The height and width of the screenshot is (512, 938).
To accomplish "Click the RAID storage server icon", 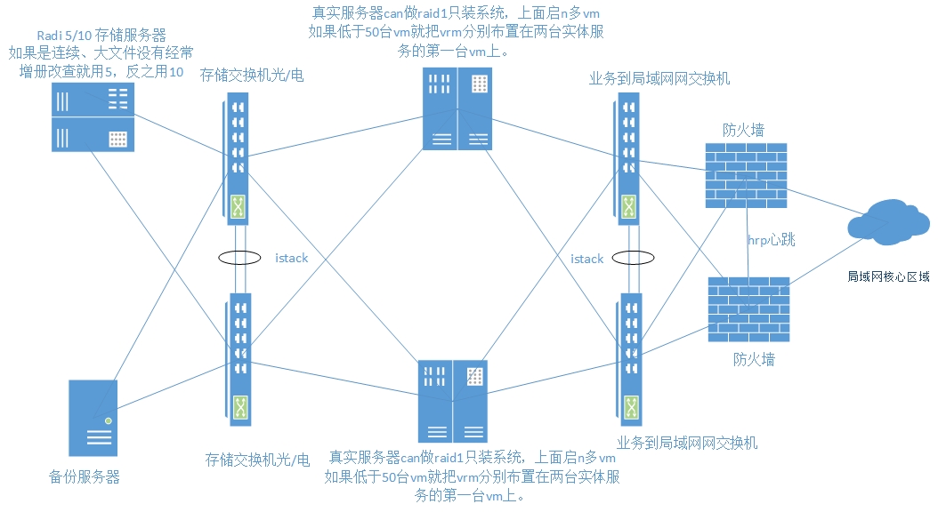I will tap(92, 116).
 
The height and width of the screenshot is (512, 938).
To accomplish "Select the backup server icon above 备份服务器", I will tap(93, 418).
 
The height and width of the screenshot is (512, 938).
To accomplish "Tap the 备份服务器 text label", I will tap(85, 476).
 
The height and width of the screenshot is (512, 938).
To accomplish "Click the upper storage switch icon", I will tap(237, 159).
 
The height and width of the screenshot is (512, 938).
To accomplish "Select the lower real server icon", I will tap(452, 401).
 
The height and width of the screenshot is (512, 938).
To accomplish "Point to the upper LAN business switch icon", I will tap(627, 161).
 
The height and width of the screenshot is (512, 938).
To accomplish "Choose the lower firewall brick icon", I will tap(748, 309).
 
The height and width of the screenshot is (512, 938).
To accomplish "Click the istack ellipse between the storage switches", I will tap(238, 259).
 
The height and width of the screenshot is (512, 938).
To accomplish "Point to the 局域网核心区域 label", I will tap(888, 276).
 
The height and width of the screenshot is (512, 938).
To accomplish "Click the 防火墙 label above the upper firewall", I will tap(743, 131).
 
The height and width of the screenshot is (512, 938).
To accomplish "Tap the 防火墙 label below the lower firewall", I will tap(754, 359).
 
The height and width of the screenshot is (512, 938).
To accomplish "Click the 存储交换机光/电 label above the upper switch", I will tap(252, 75).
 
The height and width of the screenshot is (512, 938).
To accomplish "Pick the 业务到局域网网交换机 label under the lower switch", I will tap(687, 442).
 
